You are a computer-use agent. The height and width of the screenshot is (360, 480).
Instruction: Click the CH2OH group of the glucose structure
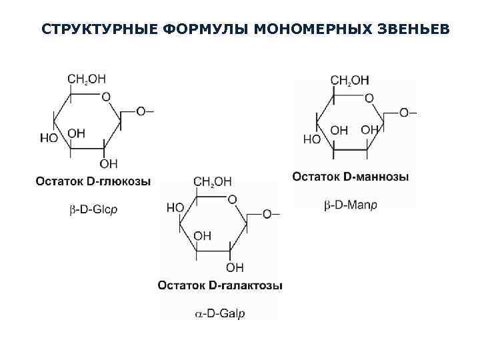coord(87,79)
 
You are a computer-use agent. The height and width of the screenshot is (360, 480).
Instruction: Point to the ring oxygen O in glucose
coord(106,97)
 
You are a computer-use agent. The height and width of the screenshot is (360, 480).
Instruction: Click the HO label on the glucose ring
coord(49,138)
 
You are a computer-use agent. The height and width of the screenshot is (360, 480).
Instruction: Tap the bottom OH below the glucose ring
coord(109,163)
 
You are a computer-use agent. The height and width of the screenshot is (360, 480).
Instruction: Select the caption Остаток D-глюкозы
coord(93,181)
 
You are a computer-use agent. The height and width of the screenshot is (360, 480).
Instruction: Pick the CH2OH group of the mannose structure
coord(349,81)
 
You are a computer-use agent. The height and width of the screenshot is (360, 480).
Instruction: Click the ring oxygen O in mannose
coord(369,99)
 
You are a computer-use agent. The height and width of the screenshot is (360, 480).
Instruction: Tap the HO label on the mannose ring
coord(312,140)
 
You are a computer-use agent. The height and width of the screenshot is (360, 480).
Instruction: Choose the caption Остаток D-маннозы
coord(351,177)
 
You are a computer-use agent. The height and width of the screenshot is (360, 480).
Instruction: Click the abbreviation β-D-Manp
coord(351,205)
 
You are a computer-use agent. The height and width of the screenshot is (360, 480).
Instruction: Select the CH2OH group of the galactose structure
coord(213,181)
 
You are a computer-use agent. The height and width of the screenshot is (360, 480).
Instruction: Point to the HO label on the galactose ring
coord(175,207)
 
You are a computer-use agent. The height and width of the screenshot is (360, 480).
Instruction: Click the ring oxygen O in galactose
coord(232,199)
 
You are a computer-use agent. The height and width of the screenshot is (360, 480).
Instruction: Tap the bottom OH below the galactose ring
coord(235,267)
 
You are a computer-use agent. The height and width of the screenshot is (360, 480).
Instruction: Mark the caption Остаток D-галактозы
coord(220,285)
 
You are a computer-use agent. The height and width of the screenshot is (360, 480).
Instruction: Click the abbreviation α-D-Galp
coord(221,313)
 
